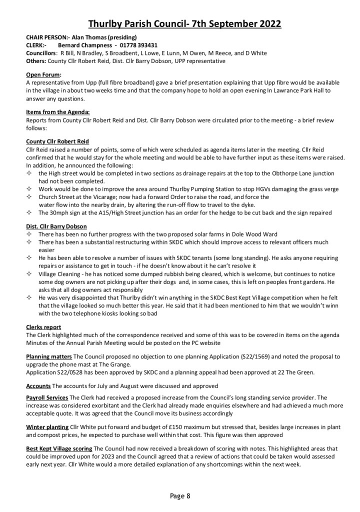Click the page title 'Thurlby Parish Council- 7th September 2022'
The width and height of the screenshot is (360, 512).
pyautogui.click(x=184, y=23)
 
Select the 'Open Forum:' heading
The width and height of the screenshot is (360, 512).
pyautogui.click(x=43, y=74)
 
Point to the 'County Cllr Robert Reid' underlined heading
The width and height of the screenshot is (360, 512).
pyautogui.click(x=57, y=142)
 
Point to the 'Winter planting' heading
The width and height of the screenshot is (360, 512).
pyautogui.click(x=47, y=426)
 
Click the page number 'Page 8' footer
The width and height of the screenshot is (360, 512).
pyautogui.click(x=180, y=496)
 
